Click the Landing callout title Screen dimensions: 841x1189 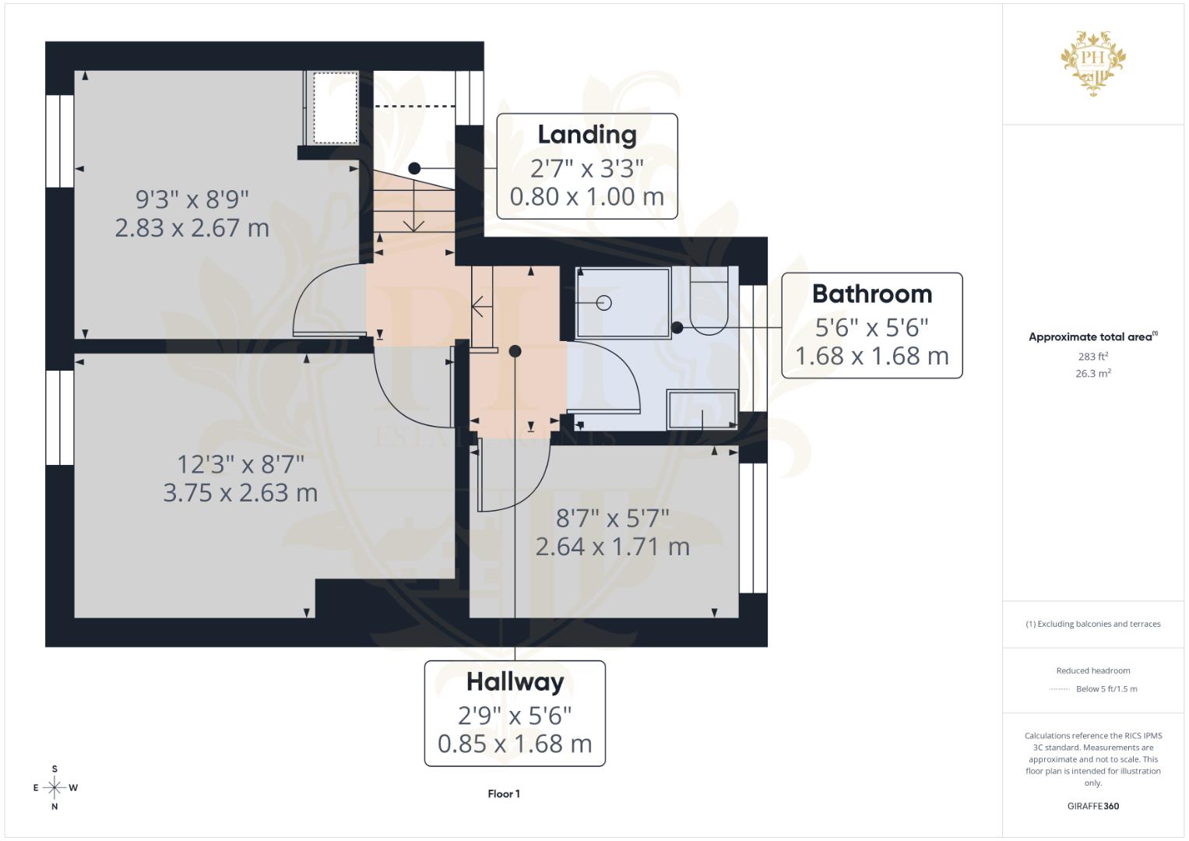[x=587, y=135]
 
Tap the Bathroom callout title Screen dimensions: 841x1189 [x=871, y=294]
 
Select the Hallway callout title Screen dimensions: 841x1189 [x=515, y=682]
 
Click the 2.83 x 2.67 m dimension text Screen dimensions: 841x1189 [x=192, y=228]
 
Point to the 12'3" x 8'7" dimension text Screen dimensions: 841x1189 [x=241, y=465]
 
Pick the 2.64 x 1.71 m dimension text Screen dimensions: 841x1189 [x=613, y=547]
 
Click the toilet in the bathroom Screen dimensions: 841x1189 [x=709, y=301]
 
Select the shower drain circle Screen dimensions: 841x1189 [x=604, y=303]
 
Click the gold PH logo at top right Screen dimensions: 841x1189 [x=1093, y=62]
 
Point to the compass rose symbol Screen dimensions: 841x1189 [x=55, y=788]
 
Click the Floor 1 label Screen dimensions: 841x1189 [x=504, y=794]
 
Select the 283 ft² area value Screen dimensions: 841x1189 [x=1093, y=357]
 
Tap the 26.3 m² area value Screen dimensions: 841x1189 [x=1093, y=374]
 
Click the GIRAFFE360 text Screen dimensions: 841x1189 [x=1093, y=807]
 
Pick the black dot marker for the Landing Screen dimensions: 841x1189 [x=414, y=168]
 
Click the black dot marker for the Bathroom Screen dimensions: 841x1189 [x=677, y=328]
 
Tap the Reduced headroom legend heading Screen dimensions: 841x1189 [x=1093, y=670]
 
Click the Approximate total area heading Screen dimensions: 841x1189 [x=1092, y=337]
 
